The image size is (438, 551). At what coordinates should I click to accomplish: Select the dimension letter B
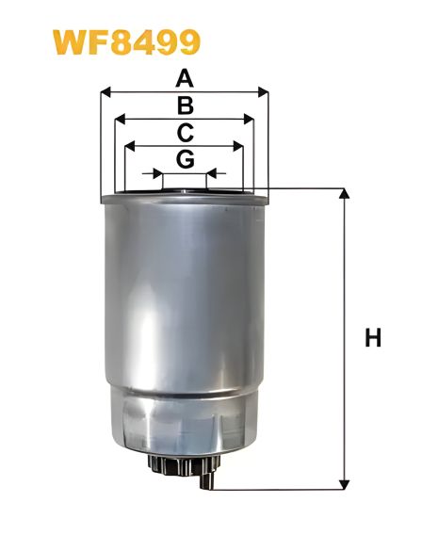pyautogui.click(x=186, y=105)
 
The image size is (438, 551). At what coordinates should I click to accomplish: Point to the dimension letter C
pyautogui.click(x=186, y=132)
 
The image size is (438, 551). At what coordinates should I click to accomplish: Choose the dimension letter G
pyautogui.click(x=186, y=159)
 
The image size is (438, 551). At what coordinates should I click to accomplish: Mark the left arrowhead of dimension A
pyautogui.click(x=105, y=92)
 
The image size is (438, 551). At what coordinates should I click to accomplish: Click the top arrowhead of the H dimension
pyautogui.click(x=344, y=194)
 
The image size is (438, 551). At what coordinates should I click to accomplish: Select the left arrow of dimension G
pyautogui.click(x=150, y=174)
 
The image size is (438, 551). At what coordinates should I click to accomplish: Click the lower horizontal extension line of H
pyautogui.click(x=283, y=490)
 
